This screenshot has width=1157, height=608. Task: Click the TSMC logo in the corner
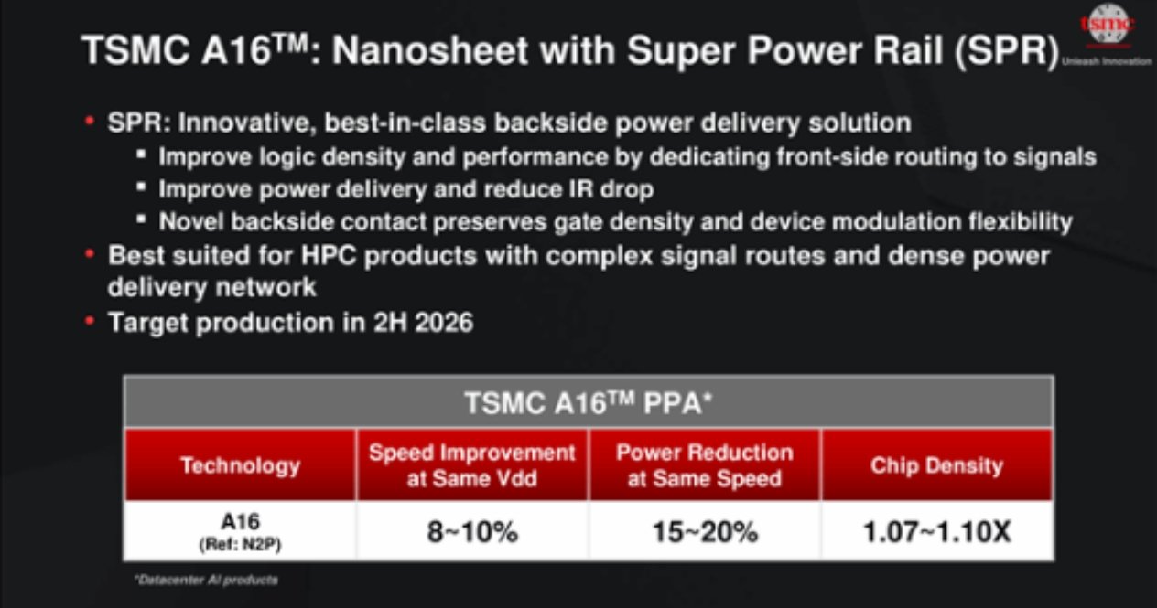coord(1108,25)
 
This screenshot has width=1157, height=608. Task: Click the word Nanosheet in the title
coord(429,50)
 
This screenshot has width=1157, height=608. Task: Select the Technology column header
coord(240,465)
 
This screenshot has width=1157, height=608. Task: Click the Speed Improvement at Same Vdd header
coord(471,465)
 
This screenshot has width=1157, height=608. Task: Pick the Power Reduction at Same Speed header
coord(705,465)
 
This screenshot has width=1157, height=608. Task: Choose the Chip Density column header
coord(936,465)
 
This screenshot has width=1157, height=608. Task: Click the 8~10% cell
coord(472,531)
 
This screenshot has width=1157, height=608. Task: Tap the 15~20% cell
coord(705,531)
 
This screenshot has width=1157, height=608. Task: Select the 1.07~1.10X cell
coord(937,531)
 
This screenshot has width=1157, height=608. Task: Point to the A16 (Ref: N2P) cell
coord(240,531)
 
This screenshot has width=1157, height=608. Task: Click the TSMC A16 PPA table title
coord(589,402)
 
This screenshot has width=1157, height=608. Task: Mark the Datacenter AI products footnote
coord(206,580)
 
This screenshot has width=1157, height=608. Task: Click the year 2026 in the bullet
coord(444,323)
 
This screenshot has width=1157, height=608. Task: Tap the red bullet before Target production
coord(90,321)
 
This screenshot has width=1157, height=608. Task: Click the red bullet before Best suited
coord(90,254)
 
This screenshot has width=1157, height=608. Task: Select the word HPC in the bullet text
coord(329,255)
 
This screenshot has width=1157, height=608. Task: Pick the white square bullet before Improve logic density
coord(141,154)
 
